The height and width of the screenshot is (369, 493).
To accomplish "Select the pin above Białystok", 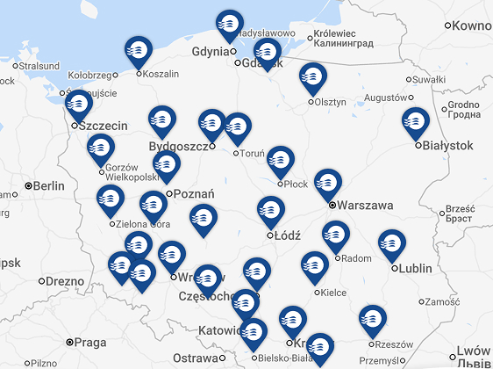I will [x=416, y=122].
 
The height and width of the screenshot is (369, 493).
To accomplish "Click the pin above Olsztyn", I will [x=312, y=77].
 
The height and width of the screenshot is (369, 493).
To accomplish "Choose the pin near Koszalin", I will [x=139, y=51].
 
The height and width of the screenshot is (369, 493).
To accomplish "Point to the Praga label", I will [x=90, y=343].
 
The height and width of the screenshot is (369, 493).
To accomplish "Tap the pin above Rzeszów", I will [x=373, y=320].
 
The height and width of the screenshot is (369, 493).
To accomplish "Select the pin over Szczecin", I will [x=79, y=105].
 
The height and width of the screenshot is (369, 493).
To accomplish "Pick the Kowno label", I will [x=473, y=26].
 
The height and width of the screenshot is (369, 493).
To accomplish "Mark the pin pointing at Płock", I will [x=280, y=161].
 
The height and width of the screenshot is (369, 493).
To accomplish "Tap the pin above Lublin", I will [x=391, y=244].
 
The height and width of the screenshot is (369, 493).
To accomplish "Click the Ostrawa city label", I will [x=194, y=358].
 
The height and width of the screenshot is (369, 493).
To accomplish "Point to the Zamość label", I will [x=442, y=301].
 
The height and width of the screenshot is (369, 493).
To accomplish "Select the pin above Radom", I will [x=336, y=236].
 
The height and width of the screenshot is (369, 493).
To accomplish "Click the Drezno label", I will [x=65, y=281].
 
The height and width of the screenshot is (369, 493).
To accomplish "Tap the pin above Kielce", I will [x=314, y=266].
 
